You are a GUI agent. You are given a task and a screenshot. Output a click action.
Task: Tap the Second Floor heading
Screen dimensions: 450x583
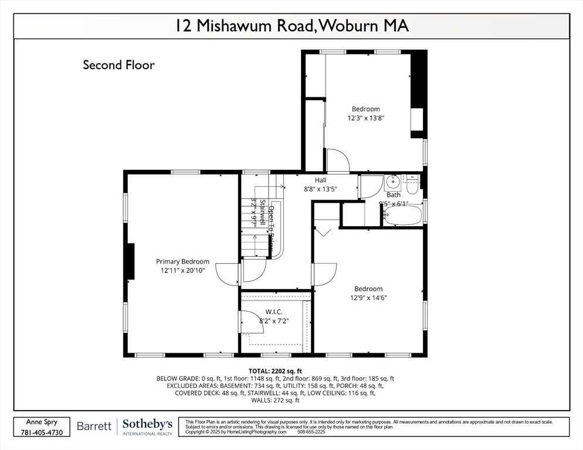point(118,64)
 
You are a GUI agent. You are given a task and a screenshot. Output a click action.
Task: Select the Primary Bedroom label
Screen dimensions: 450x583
point(182,261)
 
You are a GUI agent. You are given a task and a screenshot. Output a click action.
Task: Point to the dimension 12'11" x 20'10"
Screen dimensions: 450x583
point(182,271)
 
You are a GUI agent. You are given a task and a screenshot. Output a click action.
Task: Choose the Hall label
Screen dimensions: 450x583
point(320,180)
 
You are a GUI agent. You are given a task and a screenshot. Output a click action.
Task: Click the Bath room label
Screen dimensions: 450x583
point(393,195)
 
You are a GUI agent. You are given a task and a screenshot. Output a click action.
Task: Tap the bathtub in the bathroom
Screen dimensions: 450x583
point(402,216)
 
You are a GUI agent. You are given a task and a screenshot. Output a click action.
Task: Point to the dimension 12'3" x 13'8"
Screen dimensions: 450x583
point(365,118)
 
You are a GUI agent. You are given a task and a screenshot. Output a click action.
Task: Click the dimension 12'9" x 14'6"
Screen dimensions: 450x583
point(368,298)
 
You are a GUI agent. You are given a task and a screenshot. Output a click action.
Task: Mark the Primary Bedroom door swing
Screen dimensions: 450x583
point(228,273)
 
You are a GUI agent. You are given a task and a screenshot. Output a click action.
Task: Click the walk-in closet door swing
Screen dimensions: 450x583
point(251,322)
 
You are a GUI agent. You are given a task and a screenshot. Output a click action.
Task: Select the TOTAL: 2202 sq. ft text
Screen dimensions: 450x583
point(275,371)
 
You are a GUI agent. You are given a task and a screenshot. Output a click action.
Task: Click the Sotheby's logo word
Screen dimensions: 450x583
point(147,424)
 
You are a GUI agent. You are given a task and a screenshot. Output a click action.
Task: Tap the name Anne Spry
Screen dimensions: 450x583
point(42,422)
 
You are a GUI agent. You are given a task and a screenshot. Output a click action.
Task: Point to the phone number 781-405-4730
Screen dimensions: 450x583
point(42,432)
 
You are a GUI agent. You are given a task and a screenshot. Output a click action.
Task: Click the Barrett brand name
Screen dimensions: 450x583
point(94,426)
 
